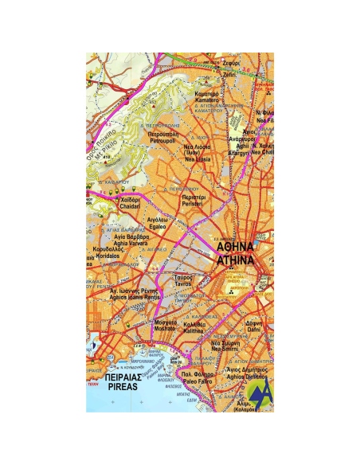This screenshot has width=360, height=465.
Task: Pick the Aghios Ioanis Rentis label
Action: pos(131,297)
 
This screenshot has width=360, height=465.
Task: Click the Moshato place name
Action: pos(165,327)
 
